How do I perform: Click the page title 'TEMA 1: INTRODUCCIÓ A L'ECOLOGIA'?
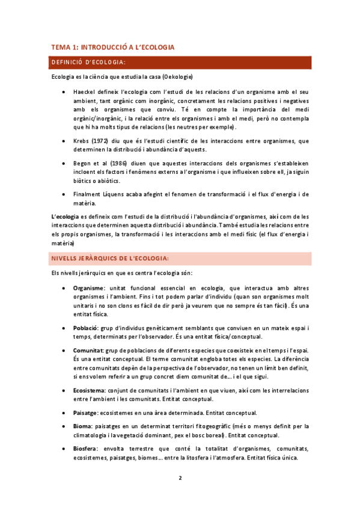click(112, 46)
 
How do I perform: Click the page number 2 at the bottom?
click(180, 478)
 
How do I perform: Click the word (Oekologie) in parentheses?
click(171, 77)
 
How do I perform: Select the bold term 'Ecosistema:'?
click(90, 390)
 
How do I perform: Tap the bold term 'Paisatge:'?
click(87, 413)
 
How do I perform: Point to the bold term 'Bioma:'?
click(83, 426)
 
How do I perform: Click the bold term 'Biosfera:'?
click(87, 449)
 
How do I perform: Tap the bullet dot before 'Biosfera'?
click(64, 449)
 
